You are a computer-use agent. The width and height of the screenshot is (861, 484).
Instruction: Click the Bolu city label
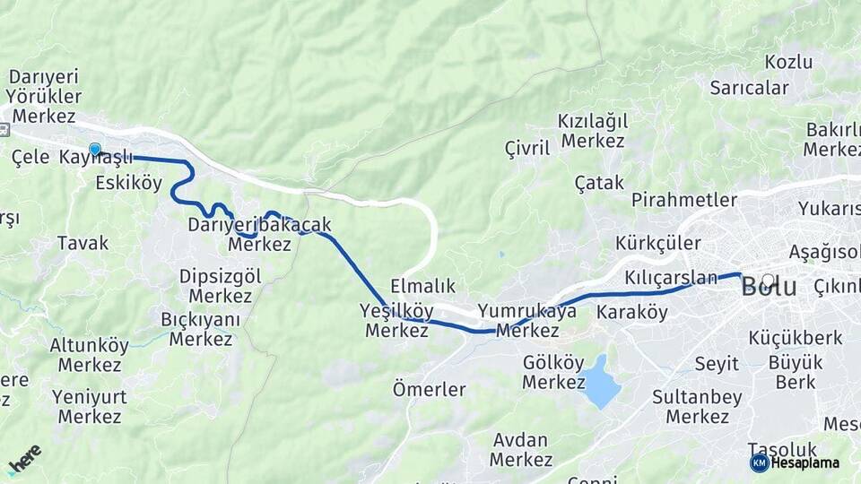click(x=769, y=287)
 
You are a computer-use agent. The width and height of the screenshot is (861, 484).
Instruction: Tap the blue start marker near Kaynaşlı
click(x=95, y=150)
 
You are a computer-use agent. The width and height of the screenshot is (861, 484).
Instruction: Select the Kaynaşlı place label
click(x=96, y=158)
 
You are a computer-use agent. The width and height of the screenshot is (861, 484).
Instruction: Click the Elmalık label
click(x=423, y=287)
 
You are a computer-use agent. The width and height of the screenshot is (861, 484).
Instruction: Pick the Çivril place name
click(x=526, y=148)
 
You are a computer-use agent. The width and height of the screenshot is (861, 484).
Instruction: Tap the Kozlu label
click(x=788, y=62)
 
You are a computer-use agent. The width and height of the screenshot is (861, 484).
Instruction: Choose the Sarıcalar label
click(x=749, y=88)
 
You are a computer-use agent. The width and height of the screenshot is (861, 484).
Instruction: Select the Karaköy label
click(x=632, y=313)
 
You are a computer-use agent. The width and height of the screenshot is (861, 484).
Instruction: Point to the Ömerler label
click(x=429, y=390)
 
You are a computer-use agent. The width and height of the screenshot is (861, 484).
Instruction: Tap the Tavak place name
click(x=83, y=242)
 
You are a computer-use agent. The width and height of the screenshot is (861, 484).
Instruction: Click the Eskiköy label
click(x=128, y=183)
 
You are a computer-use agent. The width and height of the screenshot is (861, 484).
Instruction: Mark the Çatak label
click(x=599, y=183)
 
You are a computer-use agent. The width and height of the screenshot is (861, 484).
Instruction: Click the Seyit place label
click(x=717, y=364)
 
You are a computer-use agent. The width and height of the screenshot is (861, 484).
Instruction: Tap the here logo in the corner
click(x=24, y=459)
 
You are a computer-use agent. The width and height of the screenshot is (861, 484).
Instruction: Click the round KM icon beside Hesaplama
click(x=759, y=462)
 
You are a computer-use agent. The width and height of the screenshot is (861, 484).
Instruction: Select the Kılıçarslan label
click(x=672, y=278)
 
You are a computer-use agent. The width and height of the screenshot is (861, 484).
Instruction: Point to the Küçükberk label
click(x=796, y=338)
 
